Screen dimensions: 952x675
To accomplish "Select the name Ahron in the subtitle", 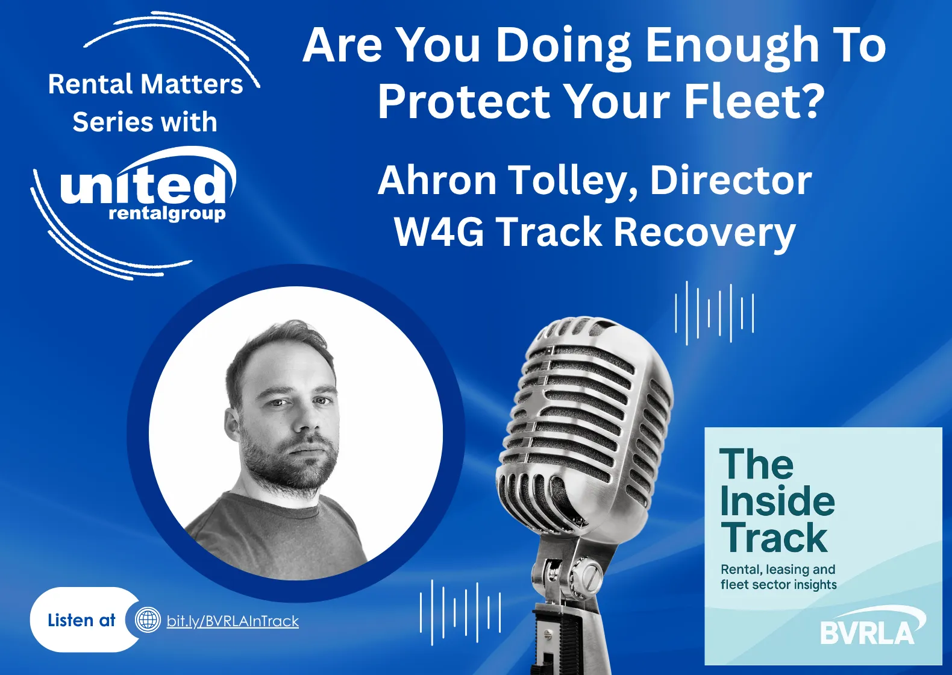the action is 437,180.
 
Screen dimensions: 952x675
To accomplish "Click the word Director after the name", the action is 731,180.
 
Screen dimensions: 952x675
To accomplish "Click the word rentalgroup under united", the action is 167,214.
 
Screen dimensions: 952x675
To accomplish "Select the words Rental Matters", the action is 145,84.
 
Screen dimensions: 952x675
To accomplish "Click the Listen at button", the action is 81,620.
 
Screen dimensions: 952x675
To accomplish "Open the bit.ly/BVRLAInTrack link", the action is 233,621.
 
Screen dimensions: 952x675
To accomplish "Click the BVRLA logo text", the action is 867,632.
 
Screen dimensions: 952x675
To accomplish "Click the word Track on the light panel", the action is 774,538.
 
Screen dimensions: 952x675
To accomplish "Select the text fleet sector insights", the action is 778,585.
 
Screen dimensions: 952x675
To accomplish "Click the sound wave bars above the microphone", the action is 715,312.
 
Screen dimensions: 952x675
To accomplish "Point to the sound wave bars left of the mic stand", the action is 460,612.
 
